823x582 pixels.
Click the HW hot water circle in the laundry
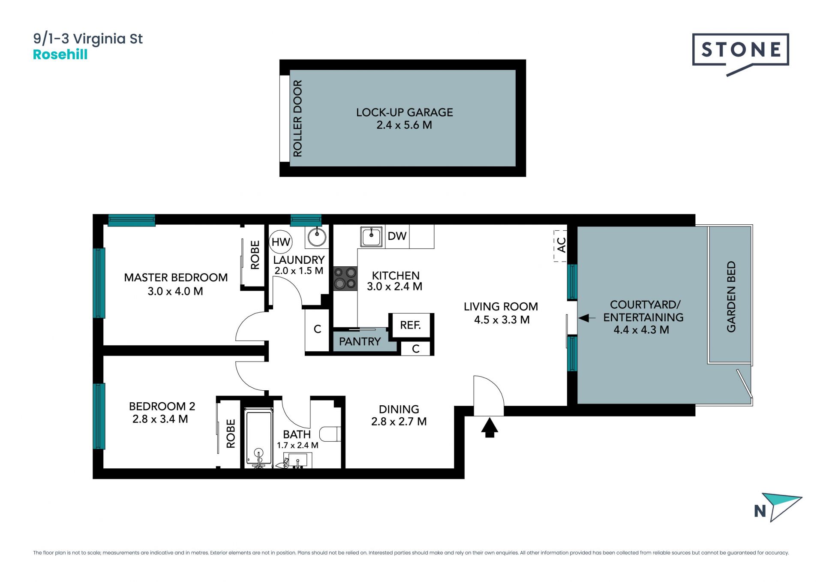click(x=281, y=242)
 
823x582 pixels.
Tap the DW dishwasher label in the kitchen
click(x=397, y=236)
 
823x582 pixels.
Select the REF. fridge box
click(x=411, y=325)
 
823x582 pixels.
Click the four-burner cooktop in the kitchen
click(x=345, y=278)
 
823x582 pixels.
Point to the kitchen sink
click(x=371, y=237)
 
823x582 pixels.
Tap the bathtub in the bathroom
click(x=258, y=437)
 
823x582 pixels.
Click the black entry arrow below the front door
click(x=490, y=428)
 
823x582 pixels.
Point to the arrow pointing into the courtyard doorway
click(x=587, y=318)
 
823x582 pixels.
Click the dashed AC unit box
click(x=560, y=246)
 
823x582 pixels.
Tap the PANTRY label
click(x=360, y=341)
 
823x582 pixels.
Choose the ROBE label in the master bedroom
click(x=255, y=255)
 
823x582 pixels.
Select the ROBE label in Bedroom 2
click(x=231, y=434)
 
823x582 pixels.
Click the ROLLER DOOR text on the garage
click(x=297, y=118)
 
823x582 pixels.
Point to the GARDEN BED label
click(x=731, y=296)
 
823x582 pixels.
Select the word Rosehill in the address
click(x=60, y=54)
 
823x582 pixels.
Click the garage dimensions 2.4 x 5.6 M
click(x=404, y=125)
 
